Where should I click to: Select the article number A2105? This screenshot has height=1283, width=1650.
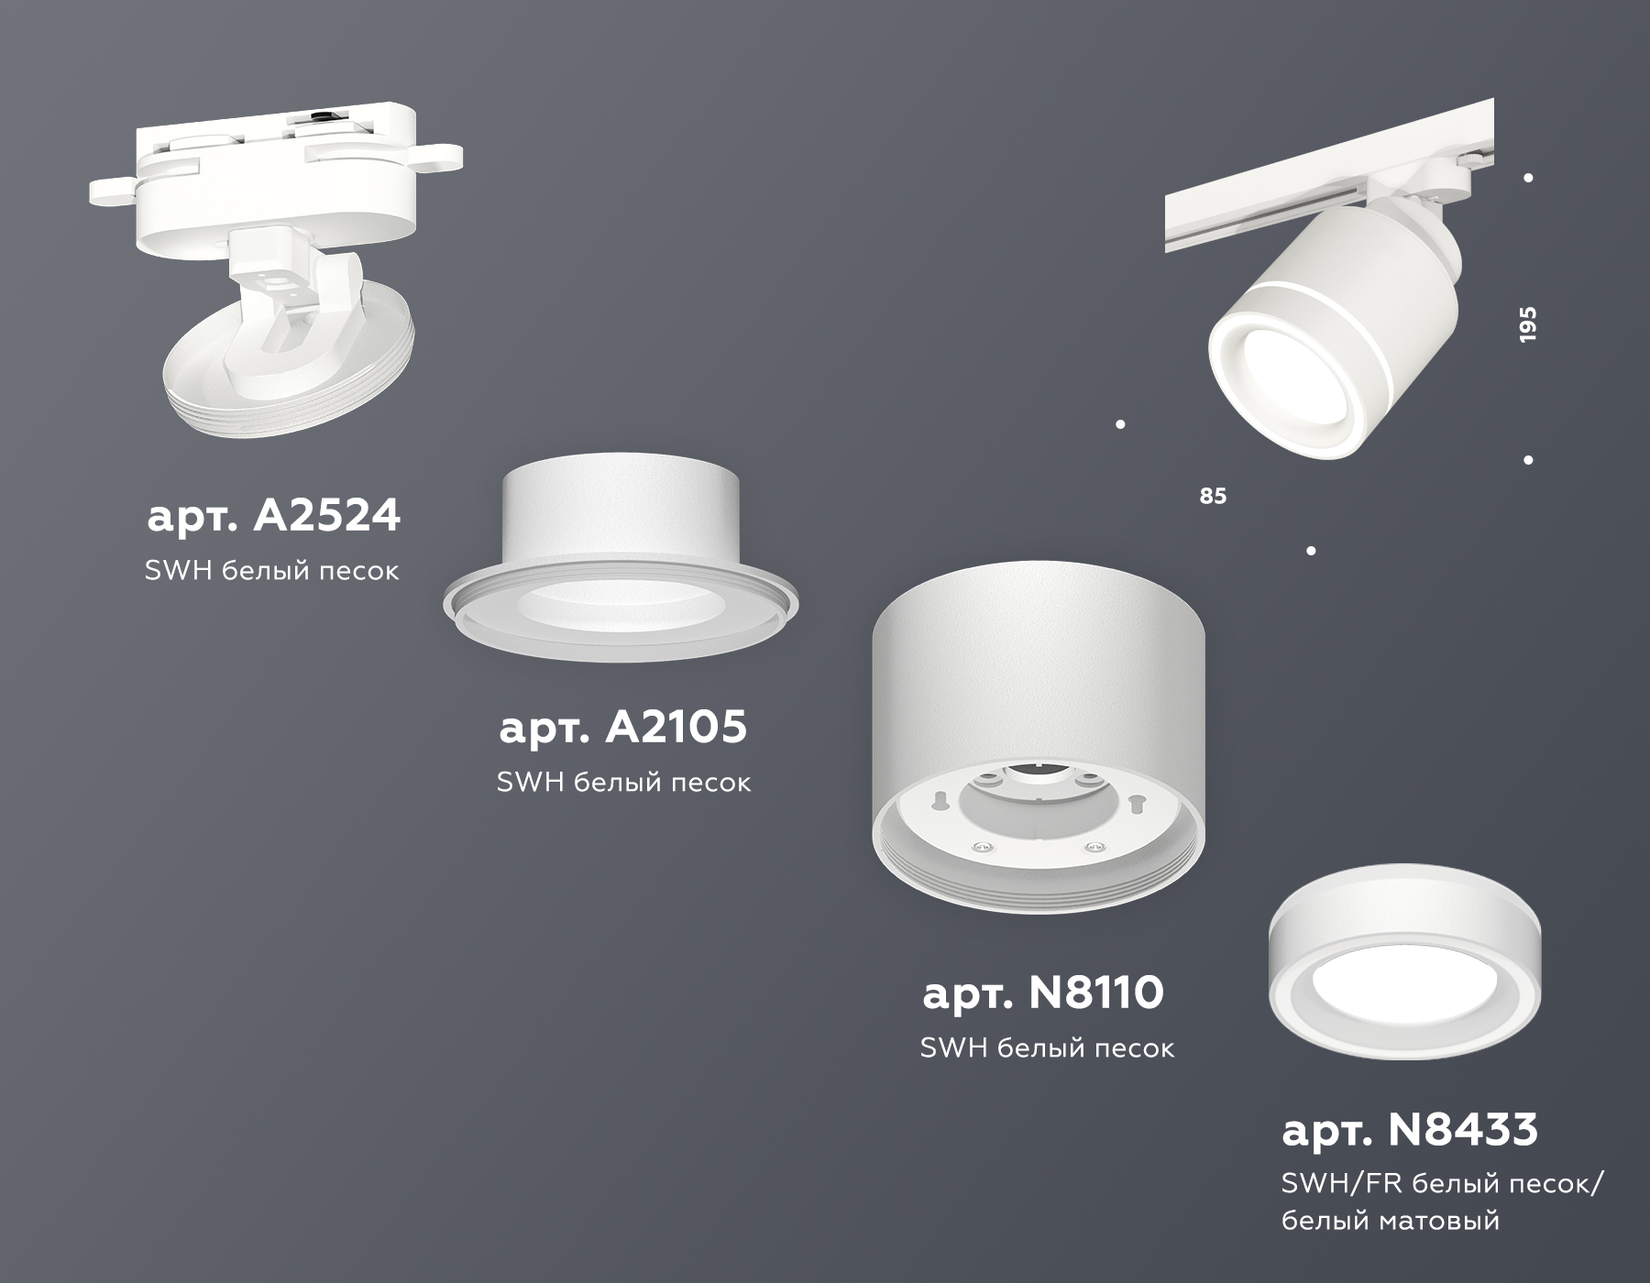[622, 728]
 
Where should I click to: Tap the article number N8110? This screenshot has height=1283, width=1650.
[1043, 992]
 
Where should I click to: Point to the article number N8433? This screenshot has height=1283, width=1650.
[1409, 1130]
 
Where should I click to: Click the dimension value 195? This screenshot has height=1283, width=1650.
[1527, 324]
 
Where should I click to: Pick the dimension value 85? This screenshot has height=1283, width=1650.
[1212, 496]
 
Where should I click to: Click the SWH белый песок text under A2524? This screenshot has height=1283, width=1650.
[271, 571]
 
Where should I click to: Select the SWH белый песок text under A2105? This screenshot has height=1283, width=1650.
[623, 783]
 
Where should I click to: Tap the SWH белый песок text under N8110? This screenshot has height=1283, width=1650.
[1046, 1048]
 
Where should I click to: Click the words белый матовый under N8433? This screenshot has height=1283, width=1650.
[1390, 1221]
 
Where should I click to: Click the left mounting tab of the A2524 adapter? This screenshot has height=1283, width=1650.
[110, 191]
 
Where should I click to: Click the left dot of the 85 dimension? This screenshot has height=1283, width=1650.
[1120, 424]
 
